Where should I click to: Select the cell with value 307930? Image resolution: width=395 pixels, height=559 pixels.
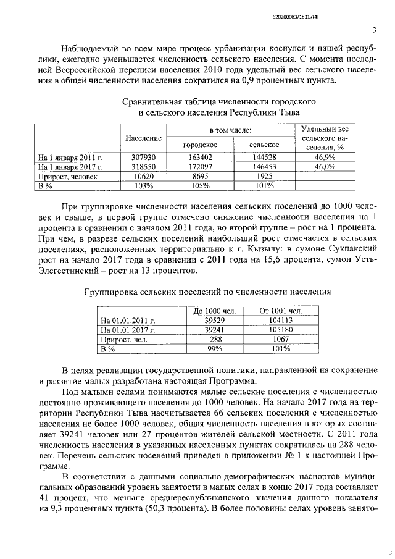click(143, 158)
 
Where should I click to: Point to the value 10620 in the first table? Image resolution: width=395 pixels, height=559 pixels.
click(143, 176)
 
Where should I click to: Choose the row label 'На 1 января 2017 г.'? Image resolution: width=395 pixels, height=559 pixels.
click(70, 167)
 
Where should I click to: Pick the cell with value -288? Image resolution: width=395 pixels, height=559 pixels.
click(213, 339)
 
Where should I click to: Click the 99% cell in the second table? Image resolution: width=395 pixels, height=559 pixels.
click(213, 348)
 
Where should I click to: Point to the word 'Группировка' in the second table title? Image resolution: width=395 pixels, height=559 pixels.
click(110, 290)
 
